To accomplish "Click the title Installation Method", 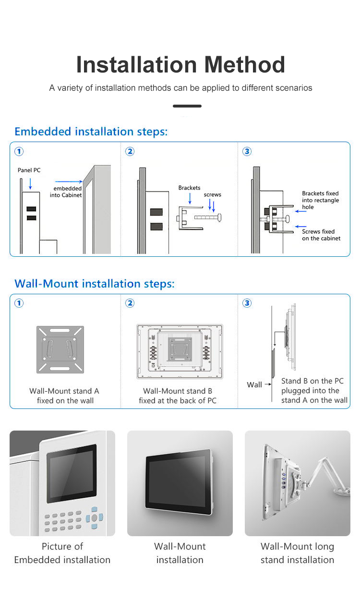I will tap(180, 65).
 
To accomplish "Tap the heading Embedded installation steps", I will tap(91, 132).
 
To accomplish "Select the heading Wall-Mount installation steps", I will tap(95, 284).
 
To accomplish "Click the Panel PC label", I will tap(29, 170).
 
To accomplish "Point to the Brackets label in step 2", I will tap(189, 188).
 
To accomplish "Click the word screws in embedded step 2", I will tap(212, 194).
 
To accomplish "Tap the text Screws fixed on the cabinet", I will tap(321, 235).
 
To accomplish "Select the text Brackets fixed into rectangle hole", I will tap(320, 200).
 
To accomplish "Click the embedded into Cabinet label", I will tap(66, 192).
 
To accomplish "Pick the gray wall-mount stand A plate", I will tap(60, 349).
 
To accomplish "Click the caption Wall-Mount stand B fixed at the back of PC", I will tap(178, 396).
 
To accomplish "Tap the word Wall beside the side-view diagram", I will tap(254, 384).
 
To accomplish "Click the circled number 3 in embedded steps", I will tap(247, 152).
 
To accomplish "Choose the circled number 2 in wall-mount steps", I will tap(130, 303).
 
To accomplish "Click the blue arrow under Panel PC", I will tap(30, 183).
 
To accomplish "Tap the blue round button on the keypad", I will tap(94, 517).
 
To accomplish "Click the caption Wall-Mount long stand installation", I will tap(297, 553).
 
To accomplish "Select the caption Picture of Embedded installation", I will tap(62, 553).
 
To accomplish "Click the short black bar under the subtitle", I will tap(187, 106).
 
